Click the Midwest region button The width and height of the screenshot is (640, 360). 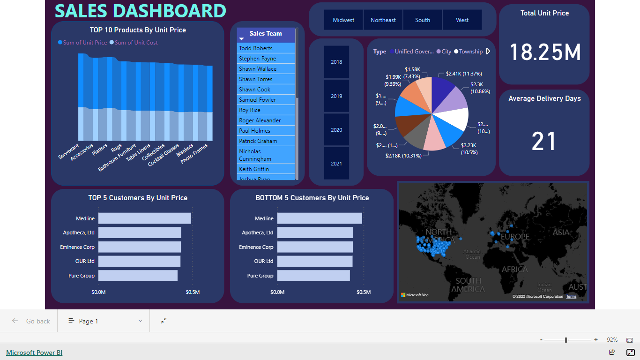pos(343,20)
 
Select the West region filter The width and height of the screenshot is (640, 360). pos(462,20)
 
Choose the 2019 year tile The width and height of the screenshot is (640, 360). pos(336,96)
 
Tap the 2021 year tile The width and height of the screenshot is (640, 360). pos(336,164)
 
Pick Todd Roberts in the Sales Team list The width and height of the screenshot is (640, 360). pos(256,48)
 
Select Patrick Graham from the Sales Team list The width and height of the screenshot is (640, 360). pos(258,141)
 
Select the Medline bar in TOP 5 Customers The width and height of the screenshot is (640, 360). pos(144,218)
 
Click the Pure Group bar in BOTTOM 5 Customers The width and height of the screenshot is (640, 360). pos(313,276)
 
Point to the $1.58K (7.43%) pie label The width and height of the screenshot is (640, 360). pos(412,73)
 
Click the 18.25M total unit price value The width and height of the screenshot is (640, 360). pos(545,52)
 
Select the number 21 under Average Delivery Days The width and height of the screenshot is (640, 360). pos(544,141)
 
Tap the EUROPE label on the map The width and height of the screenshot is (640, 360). pos(515,237)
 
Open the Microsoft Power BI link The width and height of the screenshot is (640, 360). pos(34,352)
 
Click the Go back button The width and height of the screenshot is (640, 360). pos(31,321)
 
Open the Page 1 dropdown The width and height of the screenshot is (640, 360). pos(105,321)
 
